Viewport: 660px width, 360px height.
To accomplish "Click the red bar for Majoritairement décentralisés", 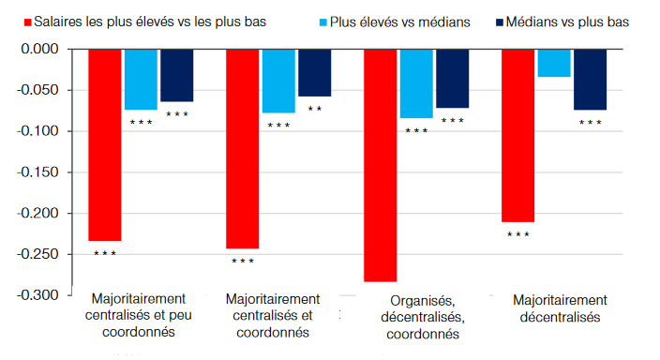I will coord(518,135).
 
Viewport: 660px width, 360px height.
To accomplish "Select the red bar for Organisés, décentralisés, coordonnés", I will coord(381,165).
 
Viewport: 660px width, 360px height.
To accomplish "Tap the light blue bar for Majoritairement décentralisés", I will coord(554,63).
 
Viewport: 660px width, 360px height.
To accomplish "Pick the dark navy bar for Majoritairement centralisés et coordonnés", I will coord(314,72).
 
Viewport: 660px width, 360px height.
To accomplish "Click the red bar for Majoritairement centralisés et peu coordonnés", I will coord(105,145).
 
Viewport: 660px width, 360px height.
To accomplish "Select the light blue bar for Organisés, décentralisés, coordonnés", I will coord(416,83).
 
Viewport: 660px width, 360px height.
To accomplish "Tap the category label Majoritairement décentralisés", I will coord(561,308).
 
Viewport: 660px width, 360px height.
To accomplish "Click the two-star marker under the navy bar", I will coord(314,110).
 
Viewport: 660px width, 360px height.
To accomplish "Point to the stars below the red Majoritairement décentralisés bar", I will coord(518,235).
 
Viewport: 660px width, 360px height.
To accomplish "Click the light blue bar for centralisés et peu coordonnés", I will coord(141,79).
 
